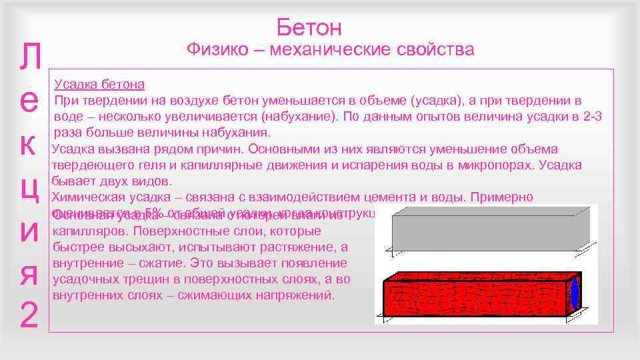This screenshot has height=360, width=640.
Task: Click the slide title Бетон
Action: pyautogui.click(x=309, y=27)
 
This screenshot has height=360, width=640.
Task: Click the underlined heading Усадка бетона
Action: pyautogui.click(x=99, y=85)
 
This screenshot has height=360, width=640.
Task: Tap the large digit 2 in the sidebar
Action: pyautogui.click(x=27, y=317)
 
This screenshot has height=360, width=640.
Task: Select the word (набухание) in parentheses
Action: pyautogui.click(x=293, y=117)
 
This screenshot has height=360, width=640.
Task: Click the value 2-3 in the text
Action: pyautogui.click(x=590, y=117)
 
